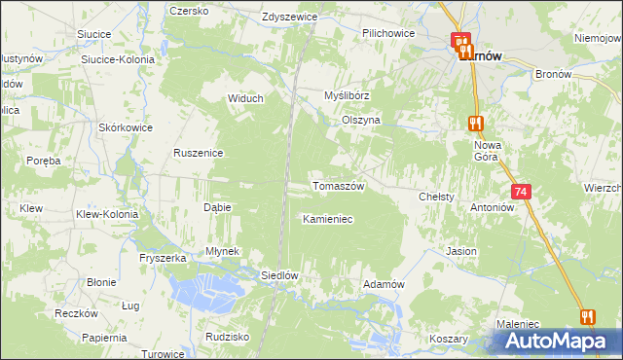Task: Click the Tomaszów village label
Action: (337, 186)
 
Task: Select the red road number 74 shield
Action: (522, 193)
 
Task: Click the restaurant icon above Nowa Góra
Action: (475, 124)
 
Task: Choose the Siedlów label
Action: (278, 275)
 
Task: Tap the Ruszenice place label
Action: (199, 153)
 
